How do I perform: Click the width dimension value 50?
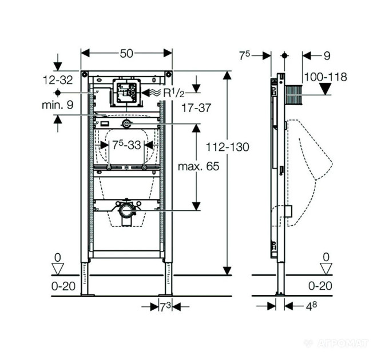[126, 54]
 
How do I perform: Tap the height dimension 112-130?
[228, 147]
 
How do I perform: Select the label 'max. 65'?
[199, 166]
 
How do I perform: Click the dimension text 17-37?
[196, 108]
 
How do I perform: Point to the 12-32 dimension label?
[58, 80]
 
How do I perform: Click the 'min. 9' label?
[58, 105]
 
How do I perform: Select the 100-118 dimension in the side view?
[326, 77]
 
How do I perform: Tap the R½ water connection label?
[174, 93]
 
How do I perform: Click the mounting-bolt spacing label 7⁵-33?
[126, 145]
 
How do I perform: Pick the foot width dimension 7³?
[165, 307]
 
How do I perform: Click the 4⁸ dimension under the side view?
[311, 306]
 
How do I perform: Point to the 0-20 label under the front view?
[63, 286]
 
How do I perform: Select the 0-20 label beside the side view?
[320, 286]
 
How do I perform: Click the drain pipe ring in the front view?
[126, 211]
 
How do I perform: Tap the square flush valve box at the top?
[127, 93]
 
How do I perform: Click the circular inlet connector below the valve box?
[127, 123]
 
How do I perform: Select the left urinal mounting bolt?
[109, 168]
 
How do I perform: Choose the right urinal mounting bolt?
[144, 168]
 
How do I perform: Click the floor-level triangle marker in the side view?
[326, 269]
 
